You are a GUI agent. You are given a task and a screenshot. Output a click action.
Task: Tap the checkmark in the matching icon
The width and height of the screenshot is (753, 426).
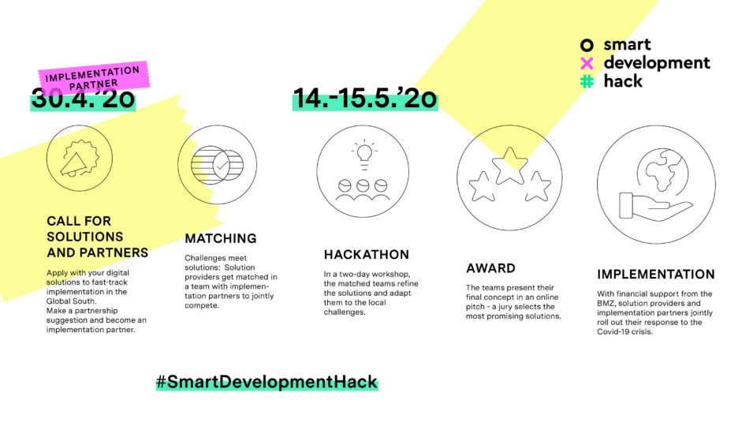222,166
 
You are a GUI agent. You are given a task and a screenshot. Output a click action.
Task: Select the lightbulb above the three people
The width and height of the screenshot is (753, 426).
364,155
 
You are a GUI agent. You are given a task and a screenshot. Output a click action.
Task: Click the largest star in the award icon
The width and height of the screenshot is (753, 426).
510,166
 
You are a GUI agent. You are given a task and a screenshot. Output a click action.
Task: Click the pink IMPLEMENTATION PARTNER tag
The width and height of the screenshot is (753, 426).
93,77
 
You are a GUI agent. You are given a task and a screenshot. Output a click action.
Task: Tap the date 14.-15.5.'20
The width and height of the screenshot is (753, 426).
365,99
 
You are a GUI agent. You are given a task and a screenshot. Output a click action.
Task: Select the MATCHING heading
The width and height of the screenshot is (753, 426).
221,238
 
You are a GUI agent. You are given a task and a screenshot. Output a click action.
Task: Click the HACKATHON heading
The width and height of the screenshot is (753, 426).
367,255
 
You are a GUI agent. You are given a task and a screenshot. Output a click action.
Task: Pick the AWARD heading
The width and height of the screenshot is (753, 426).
490,268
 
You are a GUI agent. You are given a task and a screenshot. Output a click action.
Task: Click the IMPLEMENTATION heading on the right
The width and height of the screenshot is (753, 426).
655,275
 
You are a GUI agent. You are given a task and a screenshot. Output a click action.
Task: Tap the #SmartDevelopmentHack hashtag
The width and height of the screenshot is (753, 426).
267,383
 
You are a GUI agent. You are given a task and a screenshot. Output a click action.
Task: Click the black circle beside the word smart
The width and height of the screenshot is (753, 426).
587,45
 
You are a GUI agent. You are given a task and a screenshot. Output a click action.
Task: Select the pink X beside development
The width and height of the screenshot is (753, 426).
587,63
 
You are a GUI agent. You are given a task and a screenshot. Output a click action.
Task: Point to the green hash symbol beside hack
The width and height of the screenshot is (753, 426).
587,81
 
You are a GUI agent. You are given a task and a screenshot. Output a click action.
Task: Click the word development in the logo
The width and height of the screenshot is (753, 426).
657,63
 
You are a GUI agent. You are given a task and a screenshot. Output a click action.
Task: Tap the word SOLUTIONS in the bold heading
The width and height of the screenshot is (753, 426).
85,237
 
